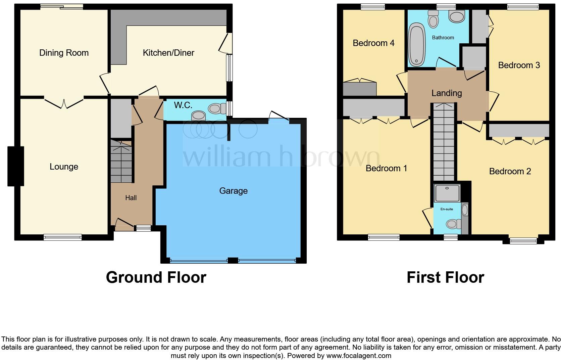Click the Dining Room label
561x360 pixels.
click(64, 53)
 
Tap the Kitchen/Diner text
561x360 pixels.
click(168, 53)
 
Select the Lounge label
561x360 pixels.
click(64, 167)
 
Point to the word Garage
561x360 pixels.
click(233, 191)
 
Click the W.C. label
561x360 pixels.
click(183, 105)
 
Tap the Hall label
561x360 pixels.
click(131, 198)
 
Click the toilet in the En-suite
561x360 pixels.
click(452, 224)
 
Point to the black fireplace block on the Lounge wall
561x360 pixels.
click(16, 166)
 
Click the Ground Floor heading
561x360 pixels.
click(156, 277)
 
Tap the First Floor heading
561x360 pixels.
click(445, 277)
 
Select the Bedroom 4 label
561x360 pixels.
click(373, 43)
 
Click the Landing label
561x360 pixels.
click(447, 93)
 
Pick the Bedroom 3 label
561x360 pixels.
click(519, 65)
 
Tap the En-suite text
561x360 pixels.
click(447, 209)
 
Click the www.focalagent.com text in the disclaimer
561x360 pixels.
click(359, 355)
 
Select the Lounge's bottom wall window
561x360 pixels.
click(63, 237)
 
